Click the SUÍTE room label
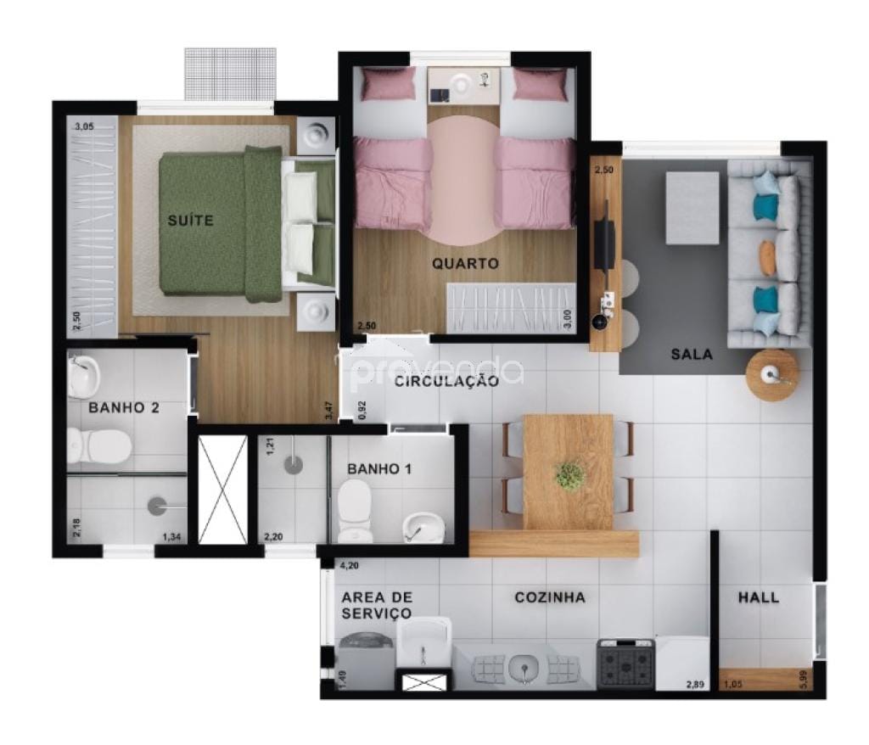[x=190, y=221]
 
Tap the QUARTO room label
[x=465, y=264]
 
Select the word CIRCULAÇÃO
[x=446, y=382]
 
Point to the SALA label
[x=692, y=354]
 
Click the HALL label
[x=758, y=597]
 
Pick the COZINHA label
[x=550, y=597]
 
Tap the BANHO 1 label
[x=379, y=468]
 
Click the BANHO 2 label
[x=124, y=407]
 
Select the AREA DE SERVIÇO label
[x=376, y=605]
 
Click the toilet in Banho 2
[x=98, y=445]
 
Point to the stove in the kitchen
[x=625, y=664]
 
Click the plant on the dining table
[x=569, y=475]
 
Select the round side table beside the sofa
[x=772, y=374]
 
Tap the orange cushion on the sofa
[x=767, y=257]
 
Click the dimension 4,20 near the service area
[x=349, y=565]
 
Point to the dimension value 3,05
[x=84, y=127]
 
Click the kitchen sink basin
[x=523, y=669]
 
